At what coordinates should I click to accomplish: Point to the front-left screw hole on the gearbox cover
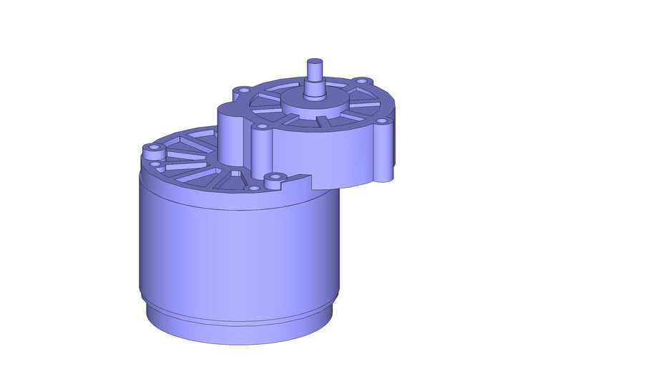263,127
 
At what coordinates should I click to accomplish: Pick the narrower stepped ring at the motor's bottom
236,326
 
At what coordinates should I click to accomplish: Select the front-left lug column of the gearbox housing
262,151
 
